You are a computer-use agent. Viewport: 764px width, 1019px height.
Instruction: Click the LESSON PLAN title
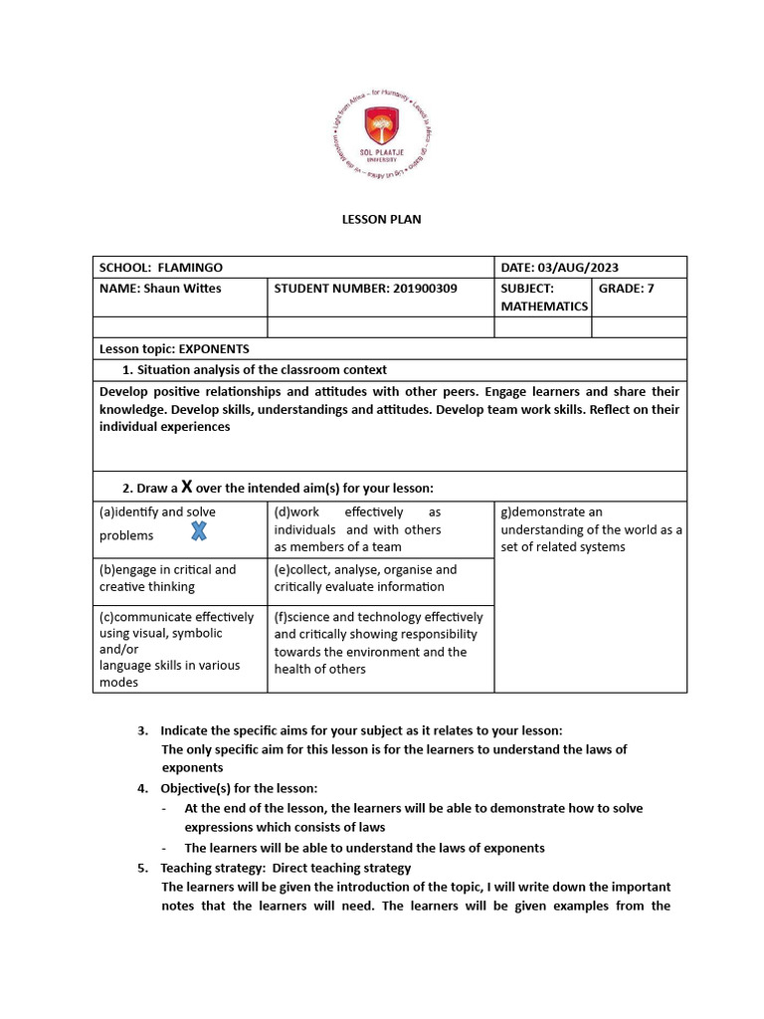382,219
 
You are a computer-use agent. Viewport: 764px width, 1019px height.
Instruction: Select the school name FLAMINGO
190,268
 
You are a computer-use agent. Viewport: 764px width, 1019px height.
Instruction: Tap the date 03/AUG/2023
577,268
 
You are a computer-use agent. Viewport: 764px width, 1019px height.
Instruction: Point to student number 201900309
410,289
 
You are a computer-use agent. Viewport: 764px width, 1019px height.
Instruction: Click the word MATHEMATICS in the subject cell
544,306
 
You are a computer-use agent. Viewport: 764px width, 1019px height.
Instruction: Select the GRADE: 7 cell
627,289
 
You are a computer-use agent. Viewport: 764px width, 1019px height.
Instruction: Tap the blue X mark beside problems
199,531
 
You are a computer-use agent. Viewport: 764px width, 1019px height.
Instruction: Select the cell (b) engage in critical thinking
179,578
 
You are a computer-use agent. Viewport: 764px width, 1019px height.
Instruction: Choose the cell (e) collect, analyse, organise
380,578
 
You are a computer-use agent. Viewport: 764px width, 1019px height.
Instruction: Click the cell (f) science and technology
380,643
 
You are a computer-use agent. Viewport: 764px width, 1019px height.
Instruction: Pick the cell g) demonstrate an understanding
590,529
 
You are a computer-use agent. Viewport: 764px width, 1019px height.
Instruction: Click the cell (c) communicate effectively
179,649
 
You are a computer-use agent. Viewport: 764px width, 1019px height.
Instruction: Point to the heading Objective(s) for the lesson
239,788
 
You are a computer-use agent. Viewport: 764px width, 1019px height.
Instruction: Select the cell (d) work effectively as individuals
380,529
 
